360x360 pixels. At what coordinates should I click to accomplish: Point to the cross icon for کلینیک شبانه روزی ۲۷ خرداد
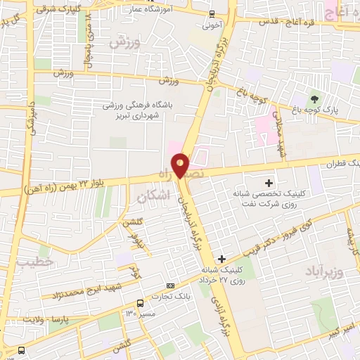[223, 259]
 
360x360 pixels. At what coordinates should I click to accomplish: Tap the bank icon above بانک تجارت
[171, 285]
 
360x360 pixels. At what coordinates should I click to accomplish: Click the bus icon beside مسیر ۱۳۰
[141, 303]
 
